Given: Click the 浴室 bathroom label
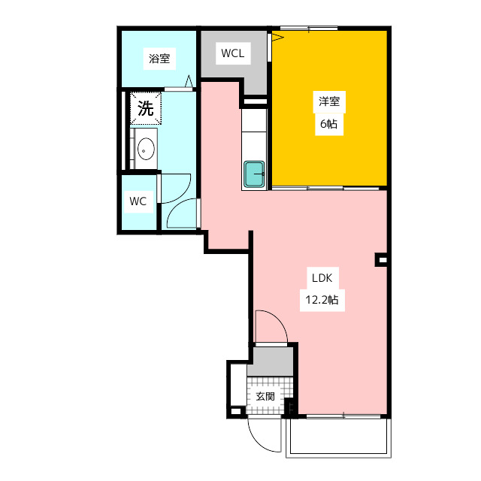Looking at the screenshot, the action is (x=159, y=59).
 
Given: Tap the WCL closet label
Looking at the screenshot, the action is (x=233, y=53).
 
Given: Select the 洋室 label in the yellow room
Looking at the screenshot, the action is (x=329, y=101).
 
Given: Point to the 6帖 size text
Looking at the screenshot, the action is (x=329, y=124).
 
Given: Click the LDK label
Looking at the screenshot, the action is (x=322, y=278).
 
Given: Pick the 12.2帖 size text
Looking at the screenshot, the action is (x=322, y=300).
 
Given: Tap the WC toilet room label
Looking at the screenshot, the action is (x=138, y=201).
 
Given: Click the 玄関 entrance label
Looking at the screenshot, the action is (x=265, y=396).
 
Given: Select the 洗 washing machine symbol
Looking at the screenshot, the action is (x=145, y=108).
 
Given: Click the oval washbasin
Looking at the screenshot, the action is (x=146, y=149).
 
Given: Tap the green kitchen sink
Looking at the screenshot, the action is (x=254, y=174).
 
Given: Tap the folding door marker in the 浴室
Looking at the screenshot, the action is (x=189, y=81).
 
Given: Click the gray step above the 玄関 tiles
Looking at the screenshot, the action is (x=271, y=362).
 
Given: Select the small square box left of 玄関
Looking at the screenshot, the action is (x=235, y=411).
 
